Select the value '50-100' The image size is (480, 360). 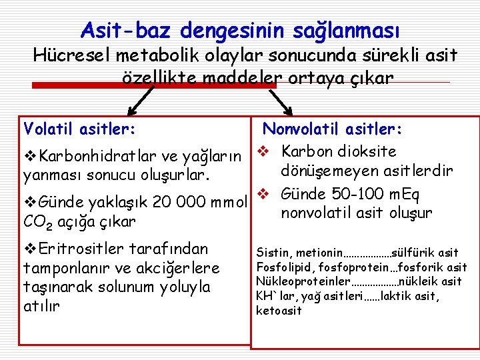[365, 195]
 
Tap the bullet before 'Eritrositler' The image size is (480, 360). [30, 249]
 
